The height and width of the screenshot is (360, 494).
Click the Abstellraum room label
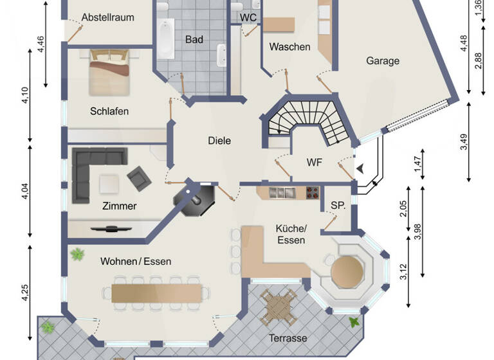click(x=107, y=17)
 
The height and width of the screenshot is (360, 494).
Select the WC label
click(x=248, y=17)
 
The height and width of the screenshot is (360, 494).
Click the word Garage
click(x=383, y=61)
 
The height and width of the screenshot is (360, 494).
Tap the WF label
click(x=314, y=161)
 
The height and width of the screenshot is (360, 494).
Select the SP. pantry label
click(x=338, y=206)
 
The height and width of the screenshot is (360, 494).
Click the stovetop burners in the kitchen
click(x=312, y=192)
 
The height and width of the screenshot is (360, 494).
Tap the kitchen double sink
click(x=282, y=192)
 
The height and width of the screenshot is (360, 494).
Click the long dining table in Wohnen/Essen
click(x=157, y=292)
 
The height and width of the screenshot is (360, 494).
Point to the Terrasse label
click(x=288, y=337)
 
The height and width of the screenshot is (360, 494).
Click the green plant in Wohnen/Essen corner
click(x=78, y=255)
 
